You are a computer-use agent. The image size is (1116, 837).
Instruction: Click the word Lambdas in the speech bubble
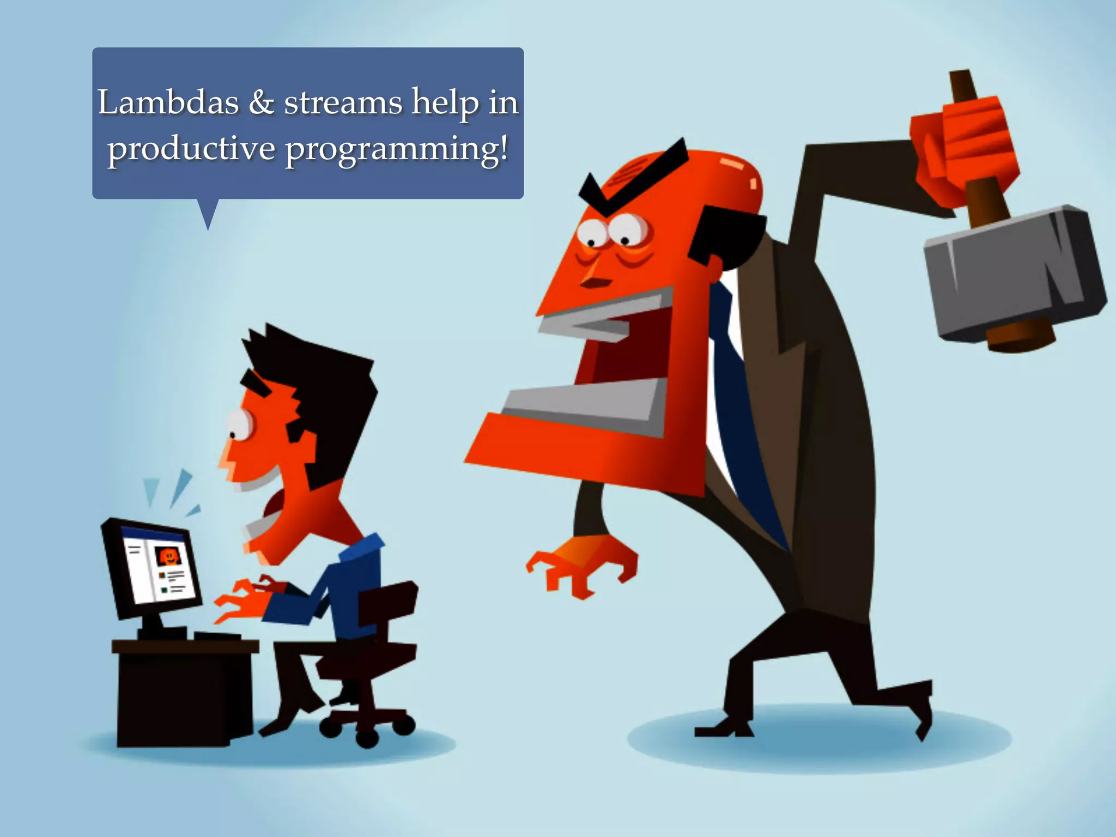pyautogui.click(x=168, y=102)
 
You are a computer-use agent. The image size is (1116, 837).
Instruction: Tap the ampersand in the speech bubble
pyautogui.click(x=261, y=102)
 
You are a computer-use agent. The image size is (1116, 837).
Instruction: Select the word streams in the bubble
pyautogui.click(x=343, y=102)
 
